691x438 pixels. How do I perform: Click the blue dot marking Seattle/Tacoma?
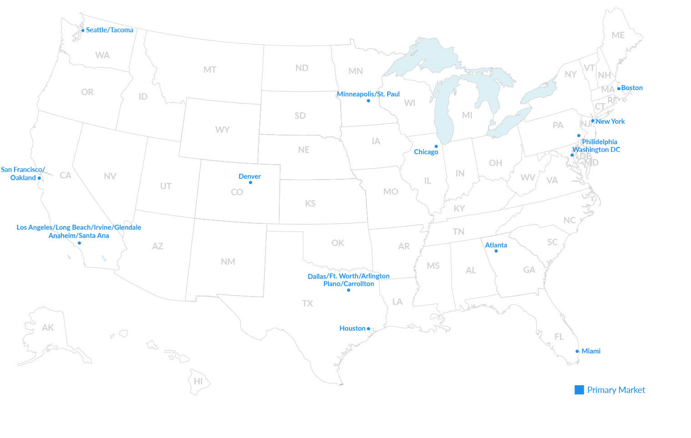pos(83,30)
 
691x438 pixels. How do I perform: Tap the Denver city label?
pos(249,176)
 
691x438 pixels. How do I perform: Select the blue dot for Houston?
pos(368,329)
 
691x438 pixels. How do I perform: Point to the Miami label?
pos(590,351)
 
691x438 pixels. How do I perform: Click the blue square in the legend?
pos(579,390)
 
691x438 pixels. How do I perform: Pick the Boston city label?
pos(632,88)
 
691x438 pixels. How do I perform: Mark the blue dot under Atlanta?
pos(496,251)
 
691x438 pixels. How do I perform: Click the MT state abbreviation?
pos(210,70)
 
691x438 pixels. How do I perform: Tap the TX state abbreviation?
pos(308,303)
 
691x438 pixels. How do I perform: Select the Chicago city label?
pos(426,152)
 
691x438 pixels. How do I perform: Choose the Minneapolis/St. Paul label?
pos(368,94)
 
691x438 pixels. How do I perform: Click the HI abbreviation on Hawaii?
pos(198,381)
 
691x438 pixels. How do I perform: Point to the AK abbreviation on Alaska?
pos(48,327)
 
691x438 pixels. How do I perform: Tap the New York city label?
pos(610,121)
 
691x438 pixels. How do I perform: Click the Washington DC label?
pos(596,150)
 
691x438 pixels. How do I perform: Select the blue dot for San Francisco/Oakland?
pos(39,178)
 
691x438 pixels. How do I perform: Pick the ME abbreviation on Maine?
pos(618,35)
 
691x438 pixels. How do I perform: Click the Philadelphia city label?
pos(599,142)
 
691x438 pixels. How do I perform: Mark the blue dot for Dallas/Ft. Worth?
pos(348,290)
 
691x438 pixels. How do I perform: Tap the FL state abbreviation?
pos(559,337)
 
